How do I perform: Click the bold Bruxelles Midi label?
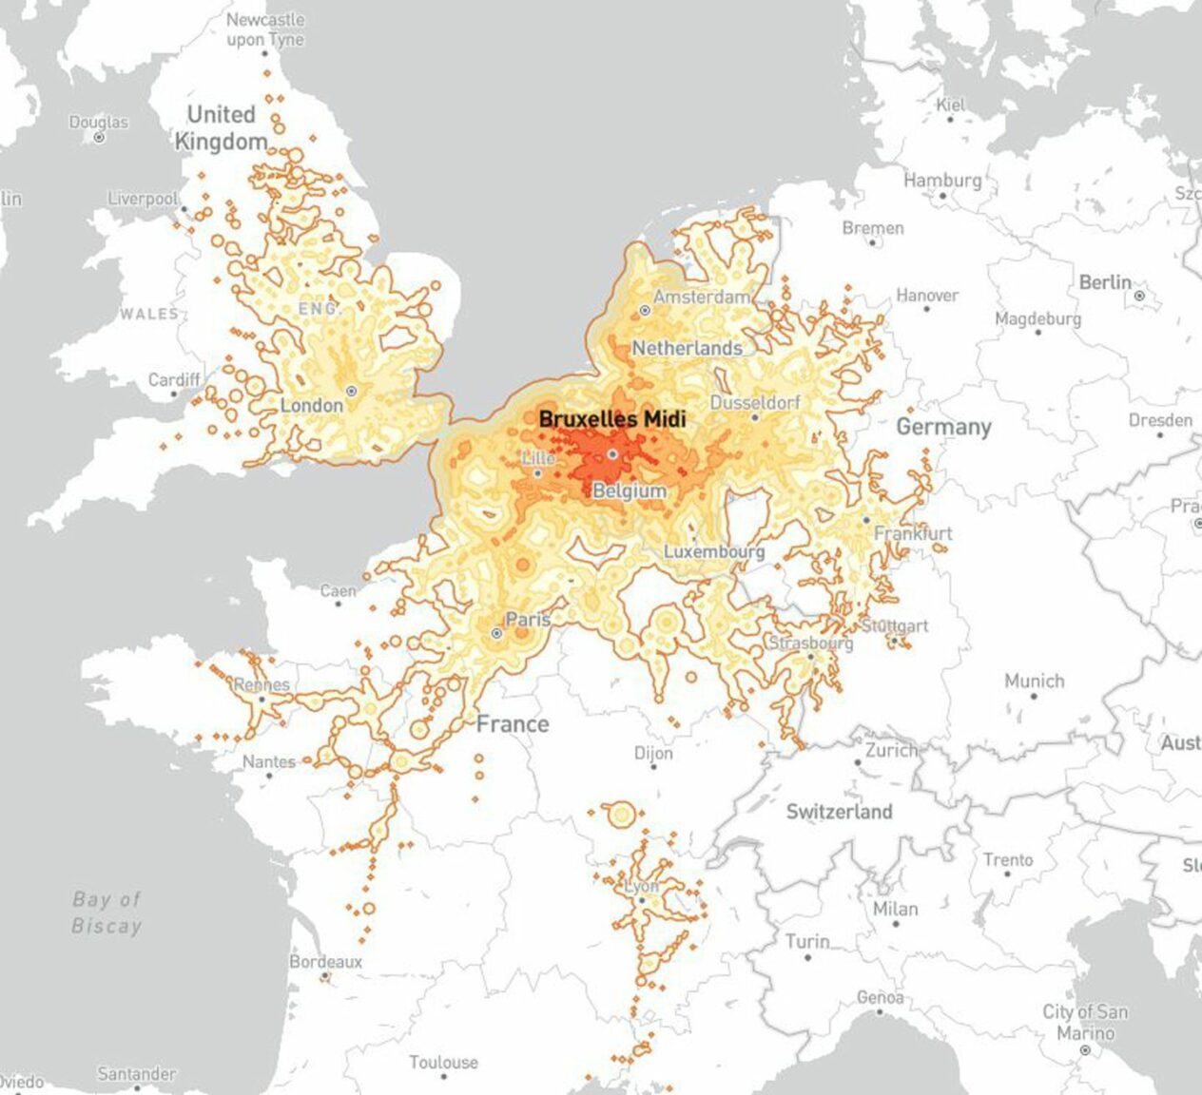pos(611,418)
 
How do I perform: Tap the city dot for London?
pos(351,391)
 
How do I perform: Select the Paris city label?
pos(528,620)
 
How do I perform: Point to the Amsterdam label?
pos(702,298)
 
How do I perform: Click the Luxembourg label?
pos(713,551)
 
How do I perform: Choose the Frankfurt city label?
pos(913,533)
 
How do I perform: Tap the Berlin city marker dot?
pos(1139,297)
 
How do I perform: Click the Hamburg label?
pos(942,180)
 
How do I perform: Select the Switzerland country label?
pos(839,812)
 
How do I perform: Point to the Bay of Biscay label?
pos(107,912)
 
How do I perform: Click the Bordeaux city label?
pos(326,962)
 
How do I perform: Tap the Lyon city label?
pos(642,887)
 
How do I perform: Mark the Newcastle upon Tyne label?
pos(265,29)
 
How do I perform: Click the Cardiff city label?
pos(174,380)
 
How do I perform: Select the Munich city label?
pos(1034,681)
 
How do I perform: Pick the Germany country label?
pos(943,428)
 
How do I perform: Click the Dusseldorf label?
pos(755,402)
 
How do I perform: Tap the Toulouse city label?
pos(443,1062)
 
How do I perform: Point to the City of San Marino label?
pos(1085,1022)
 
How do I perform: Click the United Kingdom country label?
pos(221,127)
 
